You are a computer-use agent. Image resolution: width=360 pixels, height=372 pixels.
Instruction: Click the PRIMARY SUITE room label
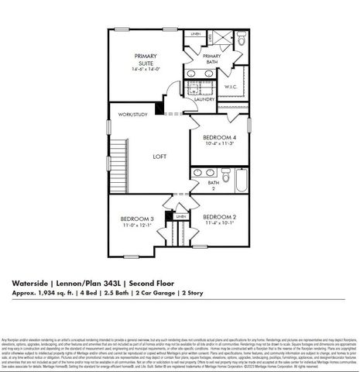pyautogui.click(x=145, y=59)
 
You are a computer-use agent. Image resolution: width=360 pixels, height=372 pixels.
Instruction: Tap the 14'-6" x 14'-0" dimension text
pyautogui.click(x=145, y=69)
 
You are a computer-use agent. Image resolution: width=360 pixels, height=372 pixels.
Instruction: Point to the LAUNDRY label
pyautogui.click(x=204, y=100)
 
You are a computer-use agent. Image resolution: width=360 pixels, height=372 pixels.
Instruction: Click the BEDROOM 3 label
pyautogui.click(x=135, y=219)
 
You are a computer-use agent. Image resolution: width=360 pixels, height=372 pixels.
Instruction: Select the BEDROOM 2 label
pyautogui.click(x=218, y=219)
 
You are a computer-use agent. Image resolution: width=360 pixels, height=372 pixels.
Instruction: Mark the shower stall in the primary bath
pyautogui.click(x=220, y=40)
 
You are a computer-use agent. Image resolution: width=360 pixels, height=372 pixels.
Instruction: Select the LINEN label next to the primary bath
pyautogui.click(x=196, y=35)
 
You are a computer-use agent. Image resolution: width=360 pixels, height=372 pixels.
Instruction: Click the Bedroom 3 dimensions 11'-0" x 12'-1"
pyautogui.click(x=135, y=226)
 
